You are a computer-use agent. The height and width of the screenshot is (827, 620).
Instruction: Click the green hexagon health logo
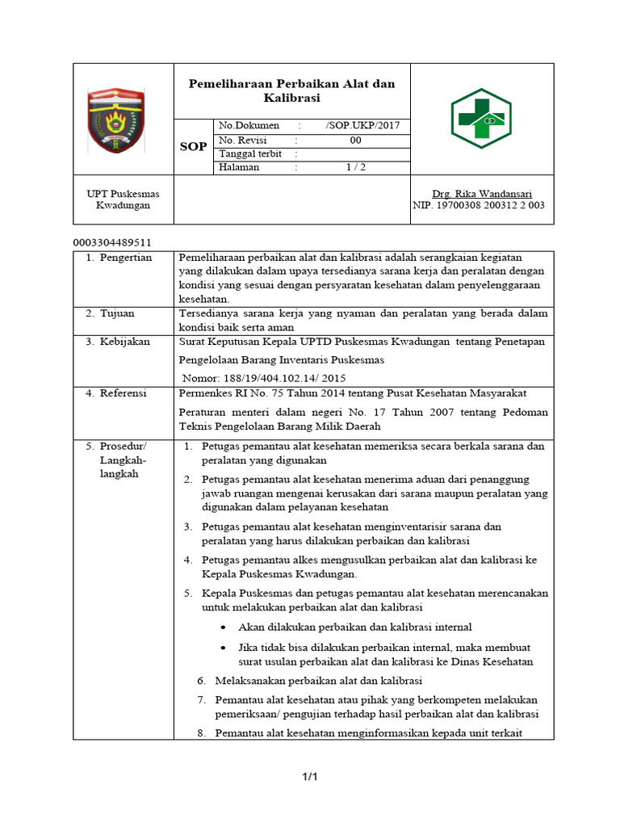(480, 119)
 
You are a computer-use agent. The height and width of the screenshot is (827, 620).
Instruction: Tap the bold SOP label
(193, 147)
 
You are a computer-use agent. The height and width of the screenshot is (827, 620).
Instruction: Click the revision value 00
(355, 141)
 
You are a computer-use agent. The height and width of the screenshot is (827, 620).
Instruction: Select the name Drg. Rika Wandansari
(478, 194)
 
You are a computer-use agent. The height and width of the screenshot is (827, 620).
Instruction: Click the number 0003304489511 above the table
(112, 242)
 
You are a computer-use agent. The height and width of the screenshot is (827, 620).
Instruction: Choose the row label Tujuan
(117, 313)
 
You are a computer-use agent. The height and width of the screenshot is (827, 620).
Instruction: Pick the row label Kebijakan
(125, 342)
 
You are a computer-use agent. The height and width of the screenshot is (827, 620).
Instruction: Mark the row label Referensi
(124, 393)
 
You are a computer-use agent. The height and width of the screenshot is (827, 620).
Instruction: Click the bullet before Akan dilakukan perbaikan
(223, 628)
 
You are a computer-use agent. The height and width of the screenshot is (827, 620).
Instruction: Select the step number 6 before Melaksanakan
(202, 680)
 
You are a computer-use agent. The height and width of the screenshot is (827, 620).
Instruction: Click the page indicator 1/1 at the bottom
(310, 777)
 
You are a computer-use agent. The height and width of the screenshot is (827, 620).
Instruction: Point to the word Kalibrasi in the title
(291, 98)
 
